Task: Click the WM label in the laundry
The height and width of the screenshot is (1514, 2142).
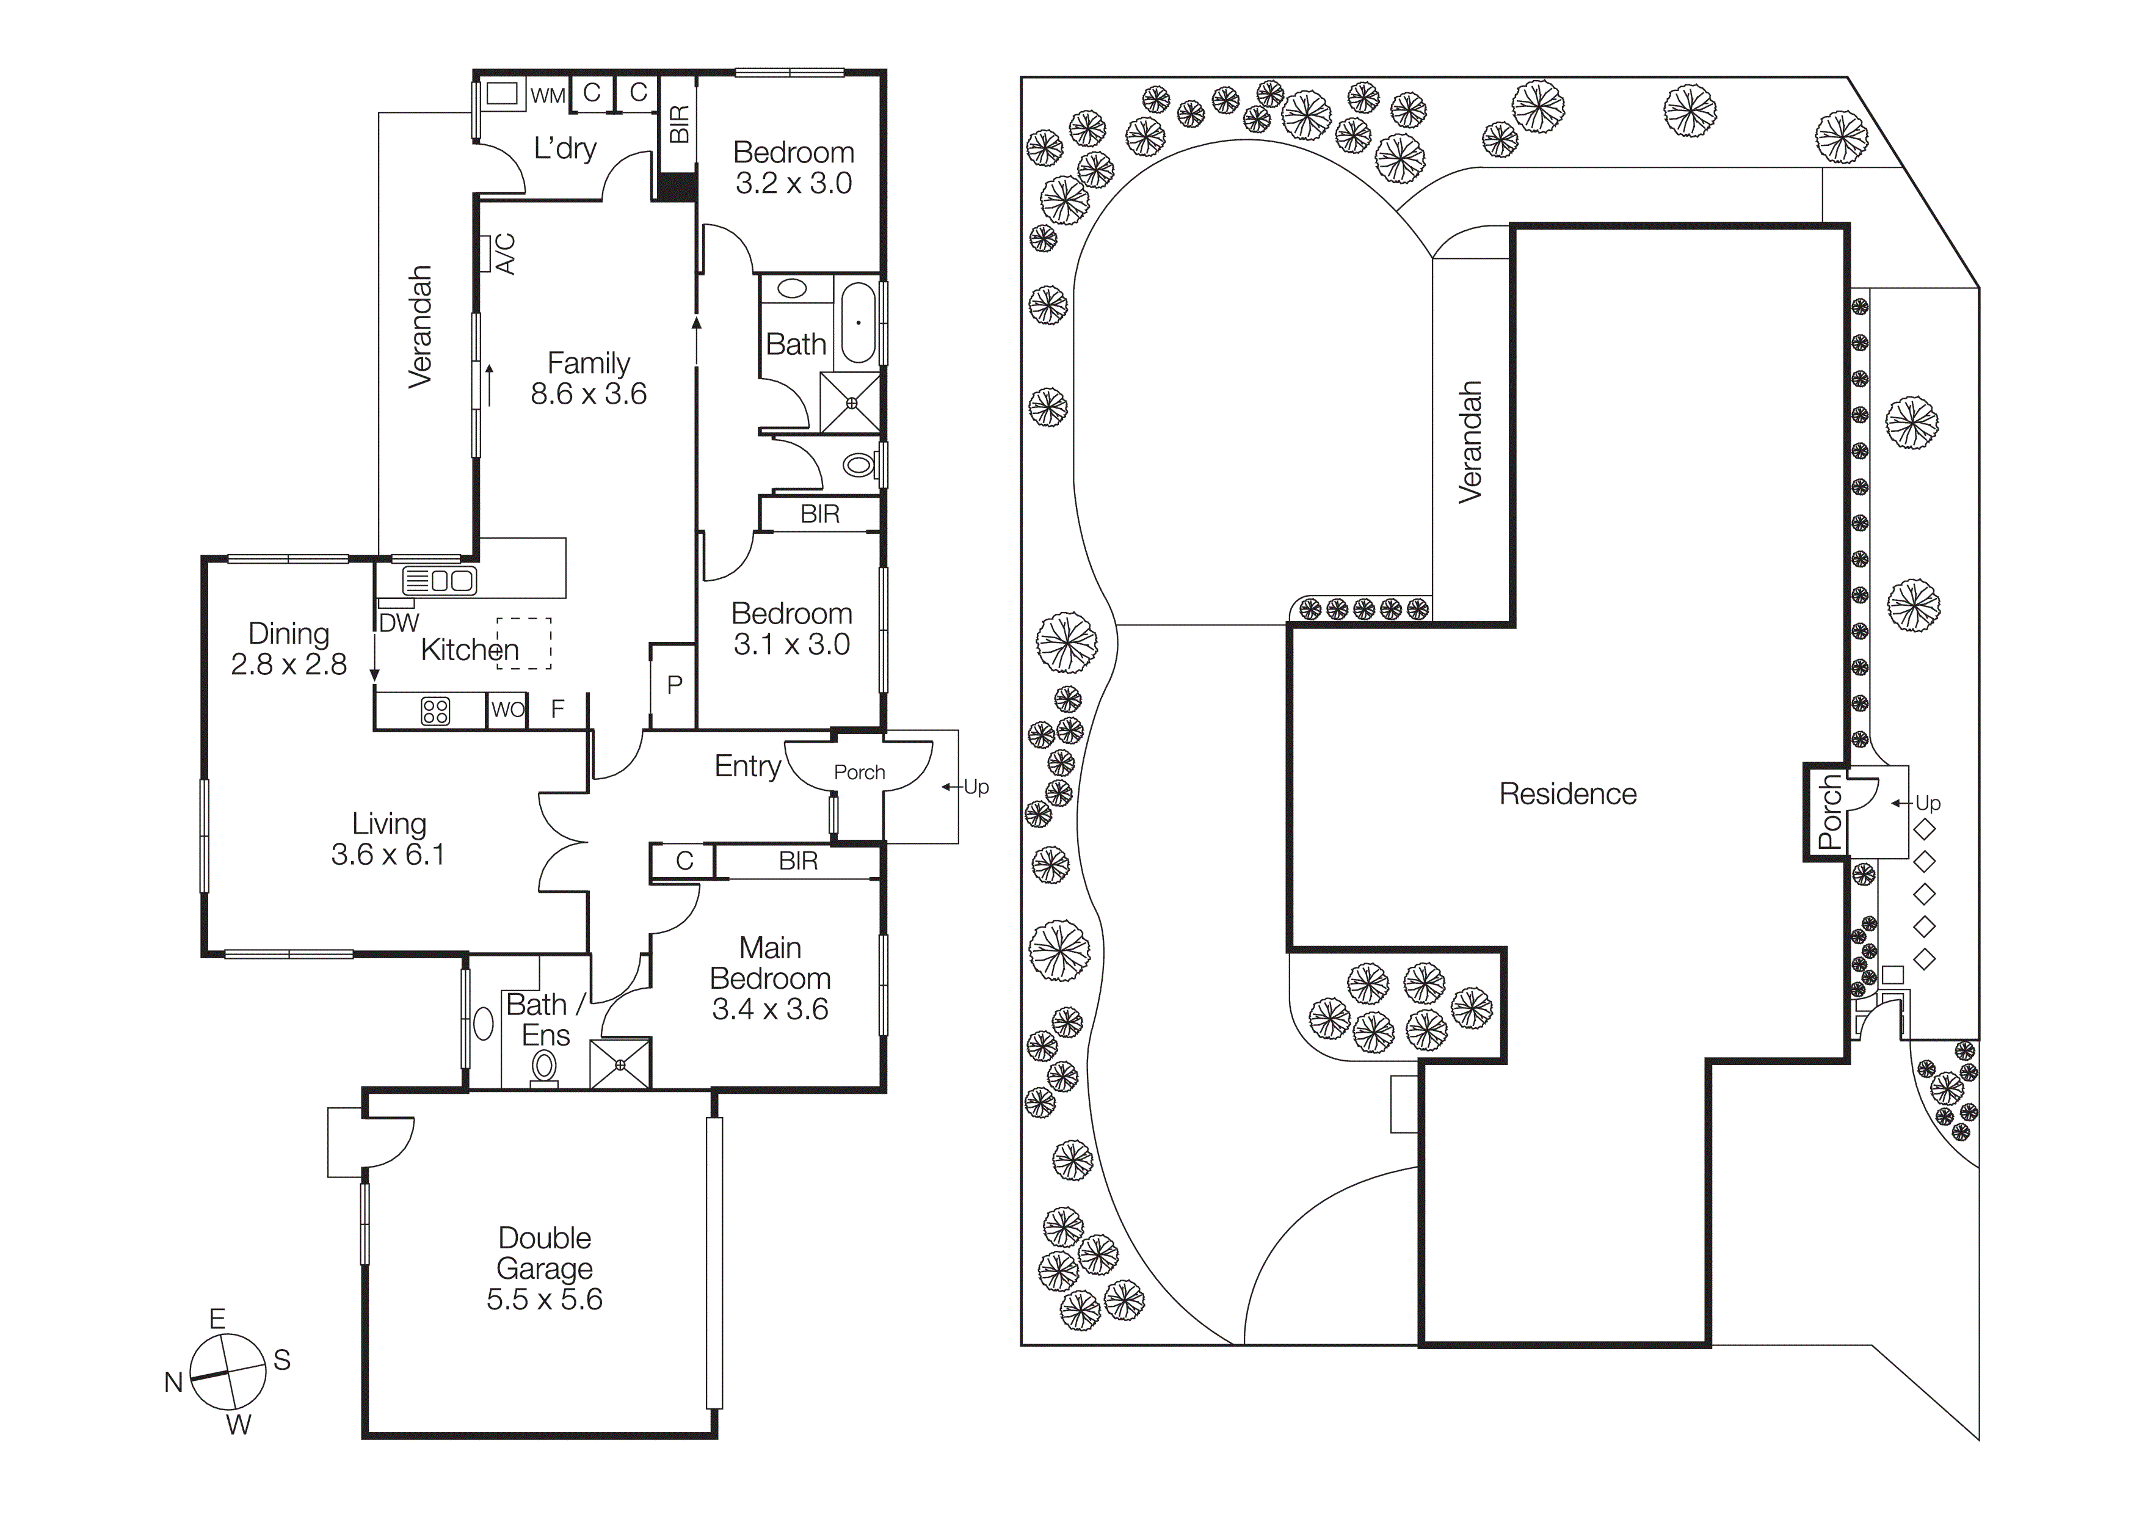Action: tap(548, 96)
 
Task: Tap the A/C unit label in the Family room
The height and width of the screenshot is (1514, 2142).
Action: tap(504, 253)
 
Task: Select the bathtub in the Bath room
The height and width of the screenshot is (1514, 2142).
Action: tap(859, 322)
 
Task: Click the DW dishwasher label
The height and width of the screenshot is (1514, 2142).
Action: tap(399, 623)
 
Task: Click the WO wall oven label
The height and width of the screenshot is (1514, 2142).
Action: tap(507, 710)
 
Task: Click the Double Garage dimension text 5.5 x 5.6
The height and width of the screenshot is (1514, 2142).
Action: tap(544, 1300)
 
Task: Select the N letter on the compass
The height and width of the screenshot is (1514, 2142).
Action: tap(173, 1383)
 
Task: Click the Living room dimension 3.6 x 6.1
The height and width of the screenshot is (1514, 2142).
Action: tap(388, 854)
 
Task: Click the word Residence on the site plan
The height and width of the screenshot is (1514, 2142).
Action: tap(1567, 794)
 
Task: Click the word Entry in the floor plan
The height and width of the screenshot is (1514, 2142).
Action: tap(747, 767)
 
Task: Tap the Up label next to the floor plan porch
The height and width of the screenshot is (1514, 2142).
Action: tap(976, 787)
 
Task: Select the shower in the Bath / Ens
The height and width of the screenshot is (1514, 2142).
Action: tap(620, 1063)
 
